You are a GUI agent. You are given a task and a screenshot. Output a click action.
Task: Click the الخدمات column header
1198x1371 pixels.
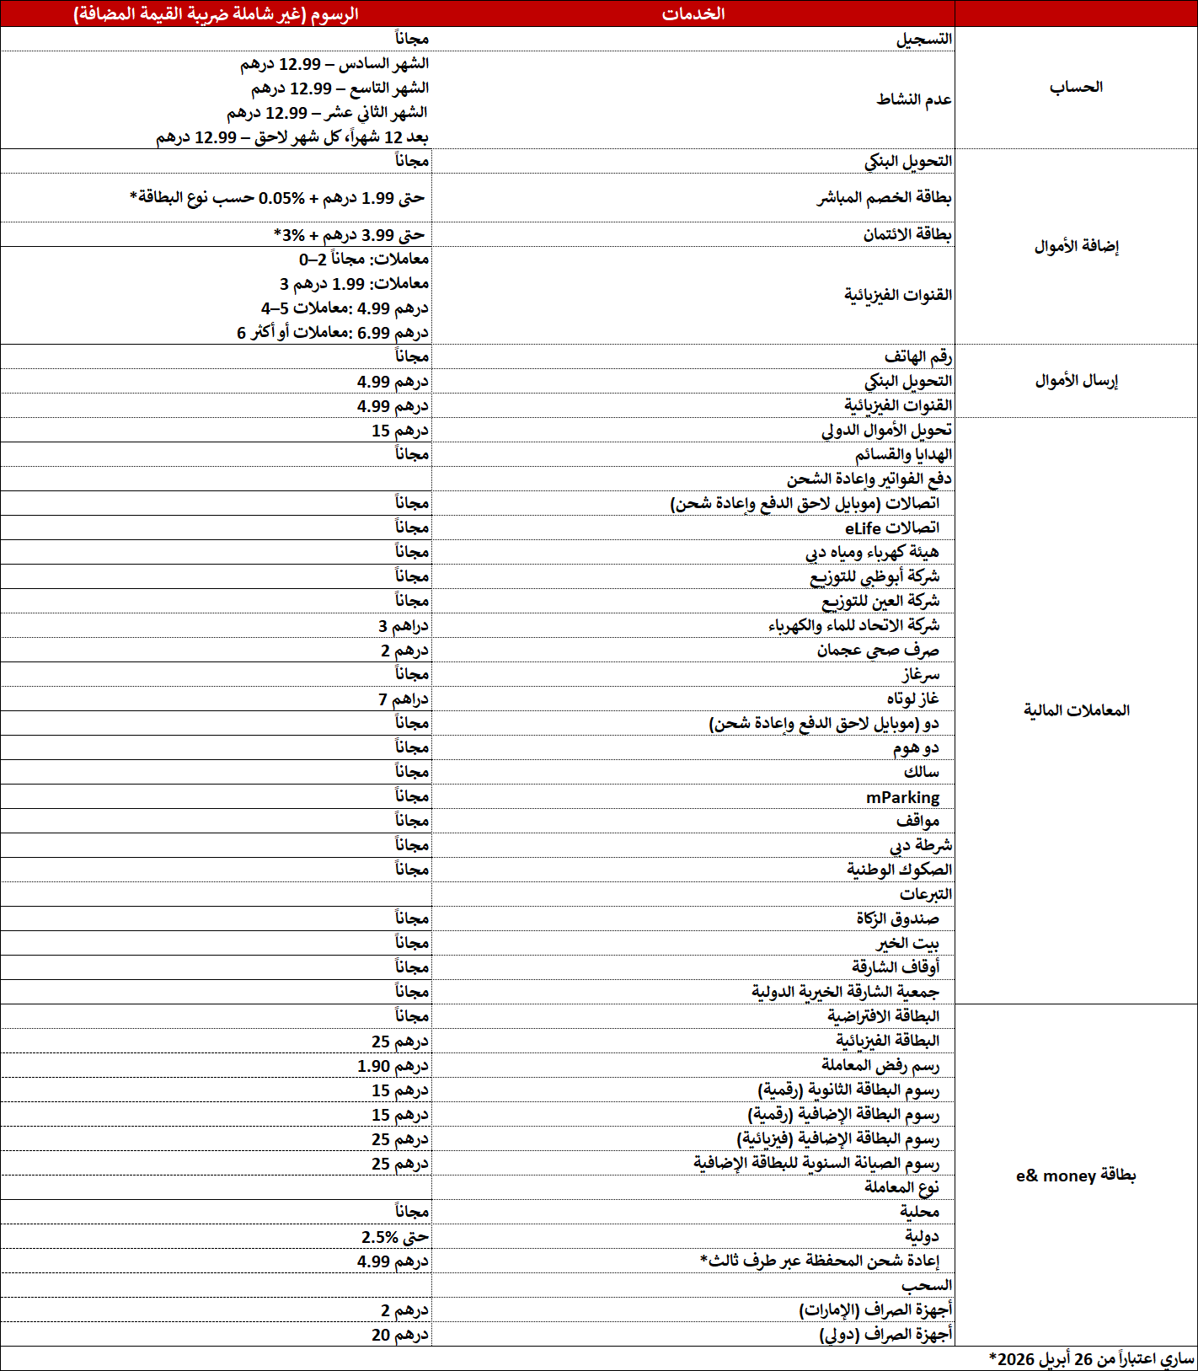pyautogui.click(x=693, y=13)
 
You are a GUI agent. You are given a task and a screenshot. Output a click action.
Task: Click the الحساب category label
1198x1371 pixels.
pyautogui.click(x=1076, y=88)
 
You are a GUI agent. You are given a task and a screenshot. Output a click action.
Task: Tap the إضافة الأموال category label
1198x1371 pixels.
pyautogui.click(x=1076, y=246)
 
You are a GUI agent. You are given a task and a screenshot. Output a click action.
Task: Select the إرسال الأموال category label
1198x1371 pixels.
pyautogui.click(x=1076, y=381)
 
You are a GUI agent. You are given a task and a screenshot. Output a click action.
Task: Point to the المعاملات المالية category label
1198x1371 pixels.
pyautogui.click(x=1076, y=710)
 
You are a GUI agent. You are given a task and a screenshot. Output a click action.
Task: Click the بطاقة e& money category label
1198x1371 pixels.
pyautogui.click(x=1076, y=1176)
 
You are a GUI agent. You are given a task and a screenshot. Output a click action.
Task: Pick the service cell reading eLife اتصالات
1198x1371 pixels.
pyautogui.click(x=892, y=528)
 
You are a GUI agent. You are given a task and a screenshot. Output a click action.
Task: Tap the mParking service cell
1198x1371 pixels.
pyautogui.click(x=903, y=797)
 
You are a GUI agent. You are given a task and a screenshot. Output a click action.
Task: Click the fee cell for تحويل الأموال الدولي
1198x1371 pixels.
pyautogui.click(x=400, y=431)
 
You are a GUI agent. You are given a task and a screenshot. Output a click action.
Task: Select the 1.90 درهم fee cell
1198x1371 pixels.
pyautogui.click(x=393, y=1066)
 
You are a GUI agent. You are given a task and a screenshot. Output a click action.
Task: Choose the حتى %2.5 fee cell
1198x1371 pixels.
pyautogui.click(x=395, y=1237)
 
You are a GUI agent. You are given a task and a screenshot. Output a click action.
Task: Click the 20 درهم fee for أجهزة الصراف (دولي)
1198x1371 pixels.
pyautogui.click(x=400, y=1335)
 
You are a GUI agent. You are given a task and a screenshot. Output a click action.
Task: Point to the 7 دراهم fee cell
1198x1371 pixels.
pyautogui.click(x=404, y=699)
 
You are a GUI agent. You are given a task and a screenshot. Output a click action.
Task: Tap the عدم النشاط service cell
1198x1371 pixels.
pyautogui.click(x=914, y=99)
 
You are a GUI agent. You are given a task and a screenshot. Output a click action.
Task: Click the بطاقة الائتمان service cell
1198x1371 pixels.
pyautogui.click(x=907, y=234)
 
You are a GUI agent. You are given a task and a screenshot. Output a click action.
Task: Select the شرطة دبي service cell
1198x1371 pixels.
pyautogui.click(x=921, y=845)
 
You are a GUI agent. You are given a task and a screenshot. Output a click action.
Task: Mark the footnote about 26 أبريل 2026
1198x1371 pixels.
pyautogui.click(x=1092, y=1359)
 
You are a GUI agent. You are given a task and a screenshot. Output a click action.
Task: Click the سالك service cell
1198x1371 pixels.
pyautogui.click(x=921, y=772)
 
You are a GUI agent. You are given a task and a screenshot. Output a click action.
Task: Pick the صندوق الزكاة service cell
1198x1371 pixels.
pyautogui.click(x=897, y=918)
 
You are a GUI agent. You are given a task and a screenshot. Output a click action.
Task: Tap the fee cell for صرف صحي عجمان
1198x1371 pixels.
pyautogui.click(x=404, y=651)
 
